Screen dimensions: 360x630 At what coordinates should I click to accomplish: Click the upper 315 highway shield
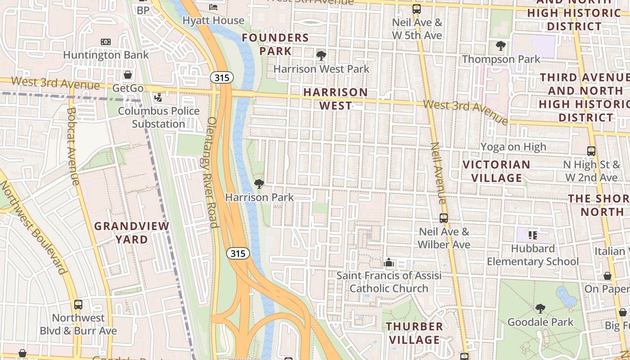point(222,78)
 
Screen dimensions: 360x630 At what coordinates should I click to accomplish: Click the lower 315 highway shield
point(238,253)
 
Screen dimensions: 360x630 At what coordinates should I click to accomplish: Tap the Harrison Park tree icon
point(259,184)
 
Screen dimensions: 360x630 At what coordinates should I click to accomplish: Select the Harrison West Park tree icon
point(321,56)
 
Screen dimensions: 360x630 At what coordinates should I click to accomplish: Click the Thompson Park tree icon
point(500,45)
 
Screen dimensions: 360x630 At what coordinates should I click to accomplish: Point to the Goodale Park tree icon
point(540,309)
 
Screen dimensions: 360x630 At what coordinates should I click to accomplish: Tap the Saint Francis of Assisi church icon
point(389,262)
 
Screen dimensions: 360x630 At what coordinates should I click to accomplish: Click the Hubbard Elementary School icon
point(533,235)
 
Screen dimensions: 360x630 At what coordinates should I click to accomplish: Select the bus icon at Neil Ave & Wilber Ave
point(444,218)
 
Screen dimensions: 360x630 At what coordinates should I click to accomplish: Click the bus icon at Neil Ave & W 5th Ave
point(417,9)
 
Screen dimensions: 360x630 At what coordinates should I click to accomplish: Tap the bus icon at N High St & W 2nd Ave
point(591,151)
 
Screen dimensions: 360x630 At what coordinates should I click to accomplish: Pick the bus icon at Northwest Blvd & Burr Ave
point(78,305)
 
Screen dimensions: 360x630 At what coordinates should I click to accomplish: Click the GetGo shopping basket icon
point(128,75)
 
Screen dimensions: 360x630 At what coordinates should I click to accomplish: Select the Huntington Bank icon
point(105,42)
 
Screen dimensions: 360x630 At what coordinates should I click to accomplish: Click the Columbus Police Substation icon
point(158,97)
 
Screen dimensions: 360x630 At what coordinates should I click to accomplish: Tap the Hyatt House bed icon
point(213,7)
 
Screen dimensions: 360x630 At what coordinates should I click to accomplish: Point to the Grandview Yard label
point(131,233)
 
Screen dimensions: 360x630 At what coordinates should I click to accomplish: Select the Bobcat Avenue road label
point(72,146)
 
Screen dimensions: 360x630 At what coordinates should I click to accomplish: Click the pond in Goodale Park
point(566,297)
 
